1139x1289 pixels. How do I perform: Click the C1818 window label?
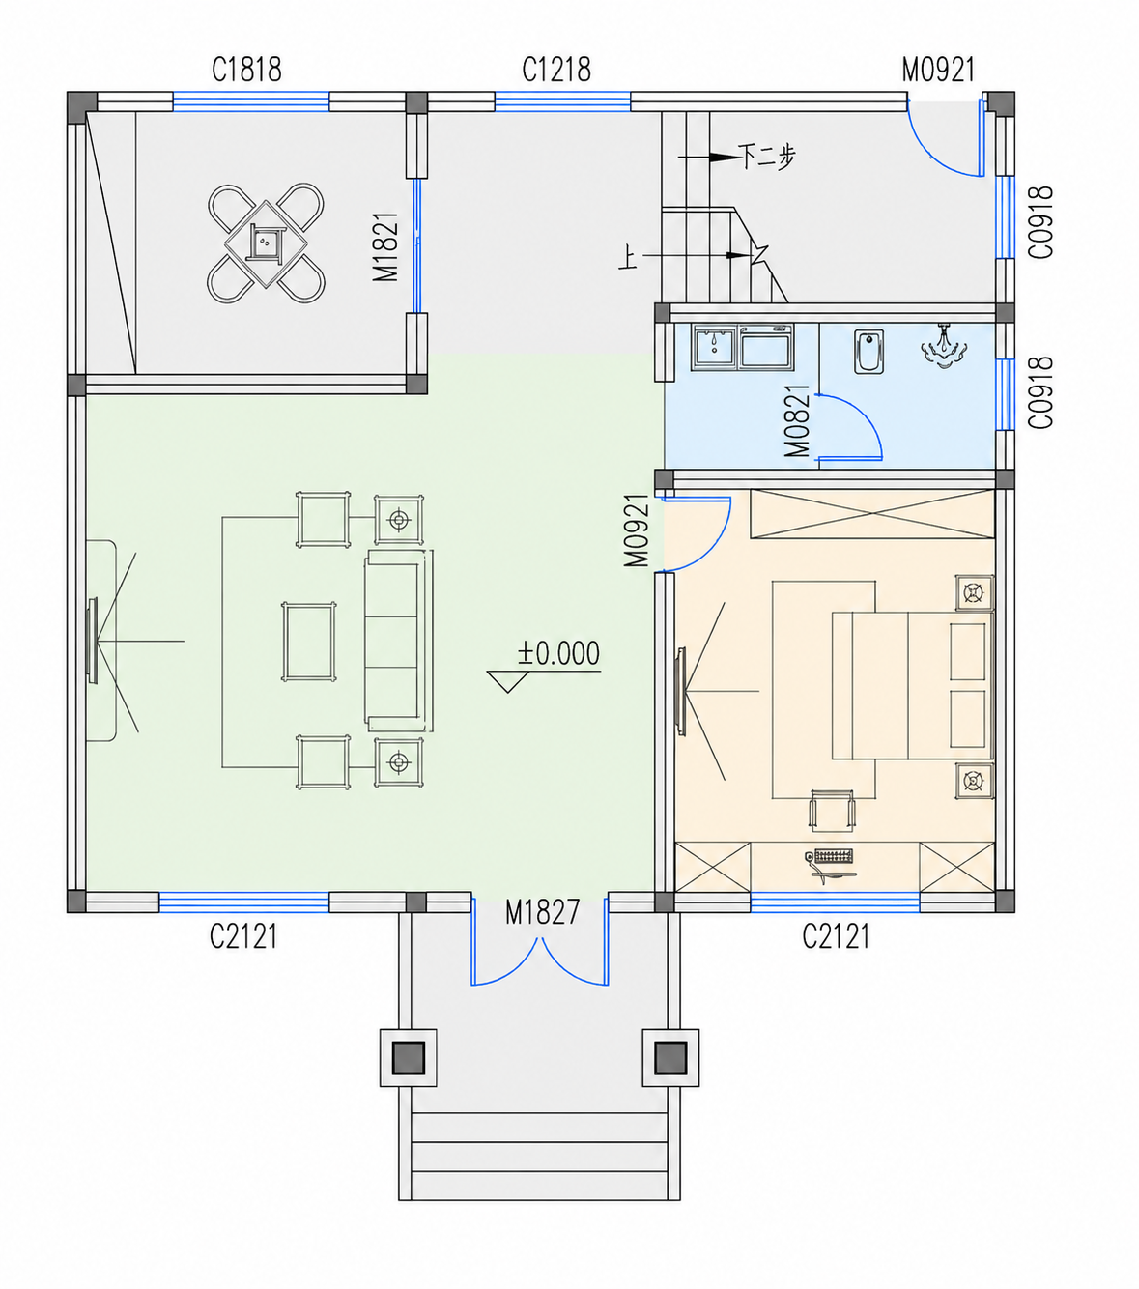coord(246,70)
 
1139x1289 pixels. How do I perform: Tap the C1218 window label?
coord(556,70)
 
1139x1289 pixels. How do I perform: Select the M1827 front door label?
coord(542,912)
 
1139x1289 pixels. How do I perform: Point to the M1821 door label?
coord(385,246)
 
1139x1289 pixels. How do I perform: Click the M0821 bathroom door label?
coord(797,421)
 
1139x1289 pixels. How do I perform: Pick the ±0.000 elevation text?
coord(558,653)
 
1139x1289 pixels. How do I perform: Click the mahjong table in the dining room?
coord(266,243)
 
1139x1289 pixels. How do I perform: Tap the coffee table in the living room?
coord(309,642)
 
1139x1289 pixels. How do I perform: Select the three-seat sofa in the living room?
coord(398,641)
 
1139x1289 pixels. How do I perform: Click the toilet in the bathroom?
coord(868,351)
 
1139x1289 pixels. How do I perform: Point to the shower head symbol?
coord(944,346)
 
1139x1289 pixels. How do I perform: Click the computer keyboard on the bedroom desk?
coord(833,856)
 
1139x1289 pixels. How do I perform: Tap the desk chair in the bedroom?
coord(832,810)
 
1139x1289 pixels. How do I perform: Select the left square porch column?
coord(408,1057)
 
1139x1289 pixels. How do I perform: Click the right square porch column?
coord(670,1057)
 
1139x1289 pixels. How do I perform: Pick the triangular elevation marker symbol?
coord(508,681)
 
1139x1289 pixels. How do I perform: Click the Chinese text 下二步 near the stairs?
coord(766,156)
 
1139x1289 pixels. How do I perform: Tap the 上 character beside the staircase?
coord(627,258)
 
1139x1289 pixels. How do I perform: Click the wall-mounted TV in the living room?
coord(93,641)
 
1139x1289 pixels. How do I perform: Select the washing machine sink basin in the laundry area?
coord(714,347)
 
